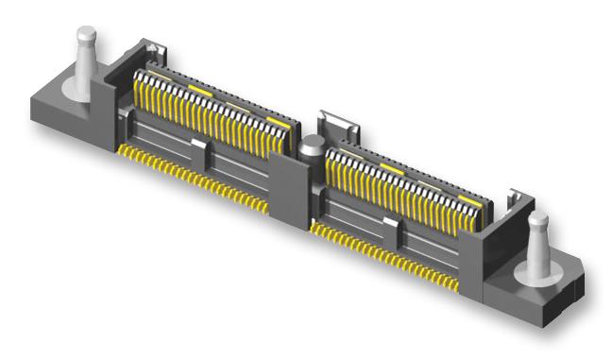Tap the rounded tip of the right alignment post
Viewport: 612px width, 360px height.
click(x=537, y=221)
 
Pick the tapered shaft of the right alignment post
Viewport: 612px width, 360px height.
click(x=537, y=247)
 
